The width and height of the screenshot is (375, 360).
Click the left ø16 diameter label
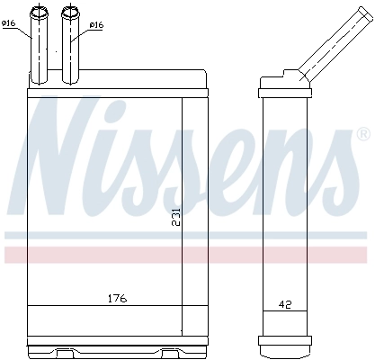point(10,24)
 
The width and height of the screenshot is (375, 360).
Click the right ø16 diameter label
point(96,25)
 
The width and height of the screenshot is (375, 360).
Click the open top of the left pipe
point(40,12)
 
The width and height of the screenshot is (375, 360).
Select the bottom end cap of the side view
point(284,343)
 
